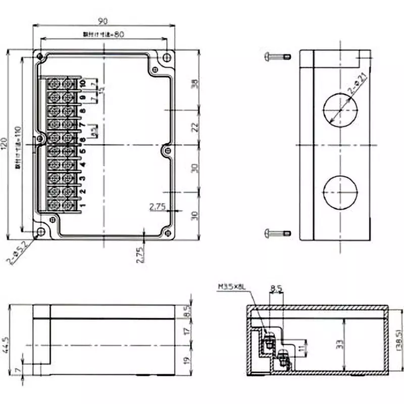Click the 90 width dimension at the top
pyautogui.click(x=103, y=21)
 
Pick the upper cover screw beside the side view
pyautogui.click(x=278, y=57)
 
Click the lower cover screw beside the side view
pyautogui.click(x=278, y=233)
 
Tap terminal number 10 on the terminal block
pyautogui.click(x=82, y=82)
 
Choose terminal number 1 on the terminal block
pyautogui.click(x=82, y=205)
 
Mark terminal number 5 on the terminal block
pyautogui.click(x=82, y=150)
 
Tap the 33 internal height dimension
pyautogui.click(x=340, y=344)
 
